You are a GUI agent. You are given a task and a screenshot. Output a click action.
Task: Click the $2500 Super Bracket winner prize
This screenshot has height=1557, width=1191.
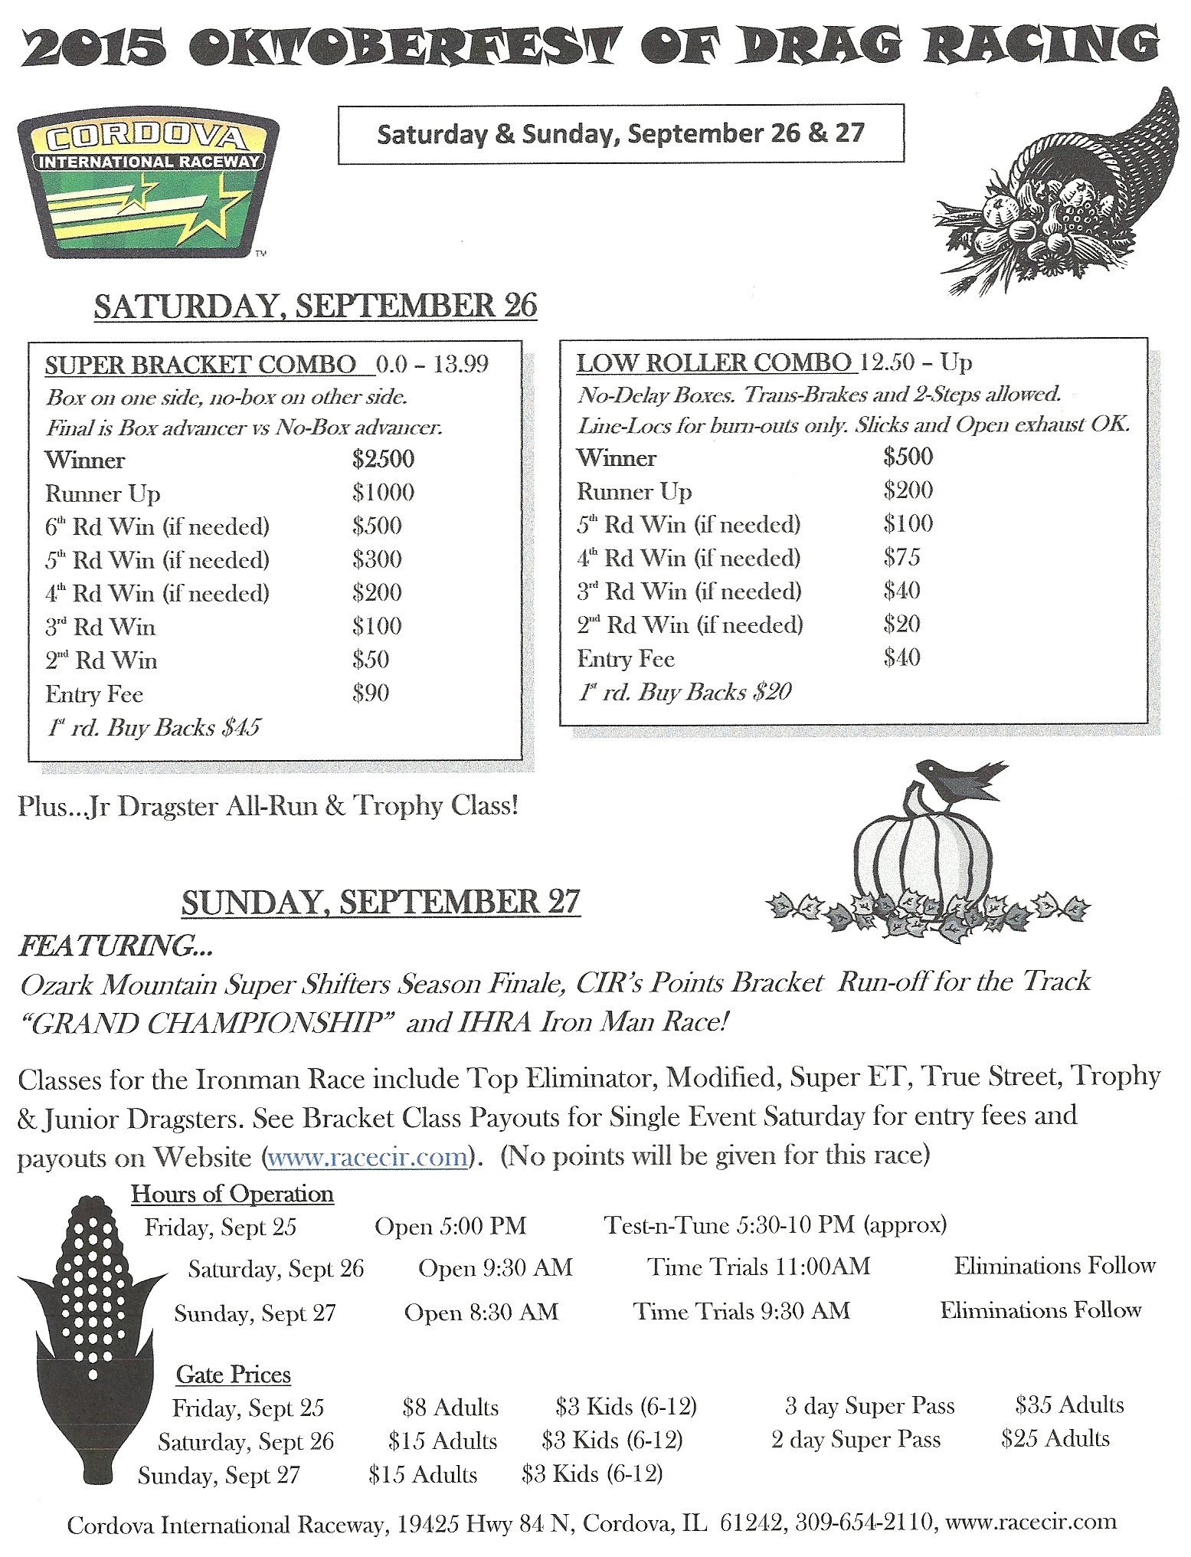(383, 459)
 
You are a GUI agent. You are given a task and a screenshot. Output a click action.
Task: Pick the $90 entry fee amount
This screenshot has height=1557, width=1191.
(371, 693)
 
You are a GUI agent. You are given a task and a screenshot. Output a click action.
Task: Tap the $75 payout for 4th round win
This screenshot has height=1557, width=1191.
(901, 557)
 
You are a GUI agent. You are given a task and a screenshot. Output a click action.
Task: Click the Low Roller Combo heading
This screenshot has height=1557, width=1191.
(714, 362)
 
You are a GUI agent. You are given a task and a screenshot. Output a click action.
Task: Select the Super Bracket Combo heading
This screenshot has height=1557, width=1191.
(201, 365)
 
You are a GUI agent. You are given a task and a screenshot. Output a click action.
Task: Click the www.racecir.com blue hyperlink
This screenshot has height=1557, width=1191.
(367, 1156)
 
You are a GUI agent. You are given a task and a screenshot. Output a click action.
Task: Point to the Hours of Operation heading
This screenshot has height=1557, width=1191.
(232, 1194)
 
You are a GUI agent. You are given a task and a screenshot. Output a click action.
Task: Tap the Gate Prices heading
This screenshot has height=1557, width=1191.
(233, 1375)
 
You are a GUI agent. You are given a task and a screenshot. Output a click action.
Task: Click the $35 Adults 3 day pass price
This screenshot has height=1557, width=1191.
(1069, 1405)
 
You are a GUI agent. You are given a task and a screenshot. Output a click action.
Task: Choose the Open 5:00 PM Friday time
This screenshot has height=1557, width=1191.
(450, 1226)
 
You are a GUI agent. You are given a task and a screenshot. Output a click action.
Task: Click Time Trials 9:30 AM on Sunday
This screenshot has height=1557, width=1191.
(741, 1311)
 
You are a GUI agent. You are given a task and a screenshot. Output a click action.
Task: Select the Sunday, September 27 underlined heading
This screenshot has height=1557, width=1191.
(381, 903)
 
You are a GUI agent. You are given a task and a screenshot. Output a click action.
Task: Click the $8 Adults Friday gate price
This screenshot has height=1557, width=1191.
(450, 1407)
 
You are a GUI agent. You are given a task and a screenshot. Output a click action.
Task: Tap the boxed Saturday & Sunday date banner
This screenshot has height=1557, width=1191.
(620, 134)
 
